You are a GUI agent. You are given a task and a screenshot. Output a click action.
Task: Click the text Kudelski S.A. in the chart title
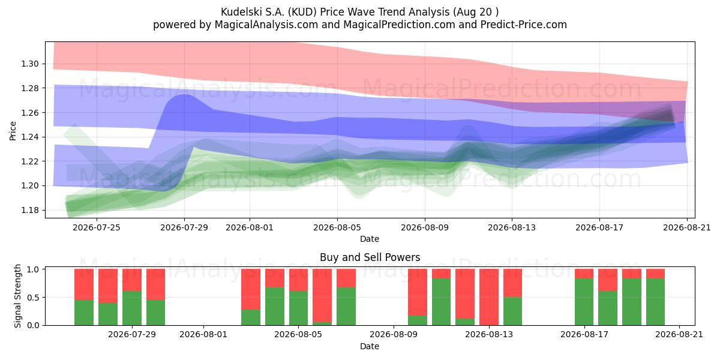click(x=253, y=12)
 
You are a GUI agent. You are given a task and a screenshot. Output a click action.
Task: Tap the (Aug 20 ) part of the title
click(x=476, y=12)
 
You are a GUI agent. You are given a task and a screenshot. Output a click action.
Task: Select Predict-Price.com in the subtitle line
click(x=524, y=25)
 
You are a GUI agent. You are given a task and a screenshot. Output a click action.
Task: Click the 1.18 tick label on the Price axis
click(x=30, y=210)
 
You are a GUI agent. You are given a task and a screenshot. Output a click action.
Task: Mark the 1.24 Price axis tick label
click(x=30, y=137)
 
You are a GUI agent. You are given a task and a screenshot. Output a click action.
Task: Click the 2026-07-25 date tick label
click(x=97, y=227)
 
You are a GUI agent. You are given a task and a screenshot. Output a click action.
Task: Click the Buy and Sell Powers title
click(x=370, y=257)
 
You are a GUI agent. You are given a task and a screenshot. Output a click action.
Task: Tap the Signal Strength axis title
click(x=17, y=296)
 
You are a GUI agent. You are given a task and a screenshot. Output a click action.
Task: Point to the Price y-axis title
click(x=13, y=131)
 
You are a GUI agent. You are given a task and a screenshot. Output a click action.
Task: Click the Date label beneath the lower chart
click(x=370, y=346)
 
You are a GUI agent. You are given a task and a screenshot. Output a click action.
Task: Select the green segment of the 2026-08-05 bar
click(x=298, y=308)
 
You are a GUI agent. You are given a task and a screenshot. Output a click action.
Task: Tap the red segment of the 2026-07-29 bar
click(x=132, y=280)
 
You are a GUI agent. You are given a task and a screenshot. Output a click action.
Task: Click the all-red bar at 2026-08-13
click(x=489, y=297)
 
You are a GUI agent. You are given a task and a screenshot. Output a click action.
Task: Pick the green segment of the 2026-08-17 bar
click(x=584, y=302)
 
